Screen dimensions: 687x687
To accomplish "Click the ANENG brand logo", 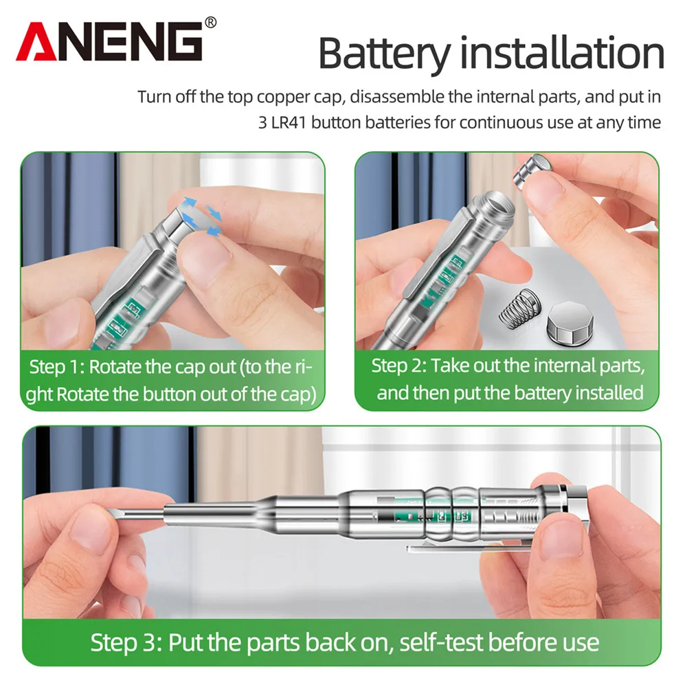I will pyautogui.click(x=109, y=43).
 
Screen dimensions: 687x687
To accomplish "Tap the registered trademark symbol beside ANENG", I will pyautogui.click(x=210, y=23).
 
